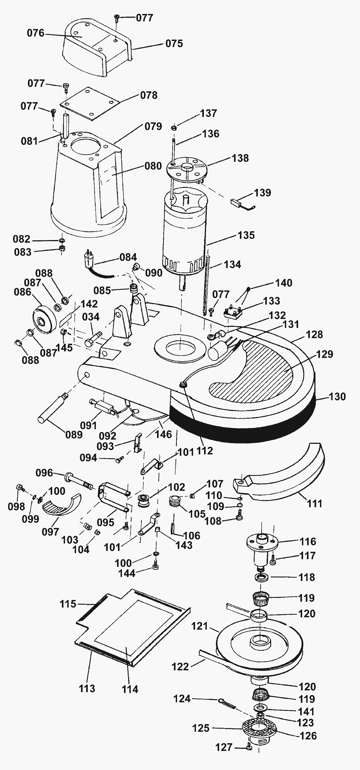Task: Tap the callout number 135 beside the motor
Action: point(246,235)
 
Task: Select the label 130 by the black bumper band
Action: point(337,397)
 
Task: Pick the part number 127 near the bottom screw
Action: point(224,747)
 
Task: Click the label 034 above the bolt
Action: point(91,317)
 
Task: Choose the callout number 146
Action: point(163,434)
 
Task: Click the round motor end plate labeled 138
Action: point(186,169)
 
